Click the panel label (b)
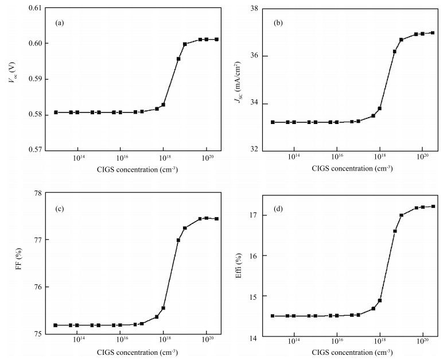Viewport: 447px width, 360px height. click(x=278, y=24)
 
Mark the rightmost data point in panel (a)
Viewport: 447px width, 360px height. click(x=216, y=40)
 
